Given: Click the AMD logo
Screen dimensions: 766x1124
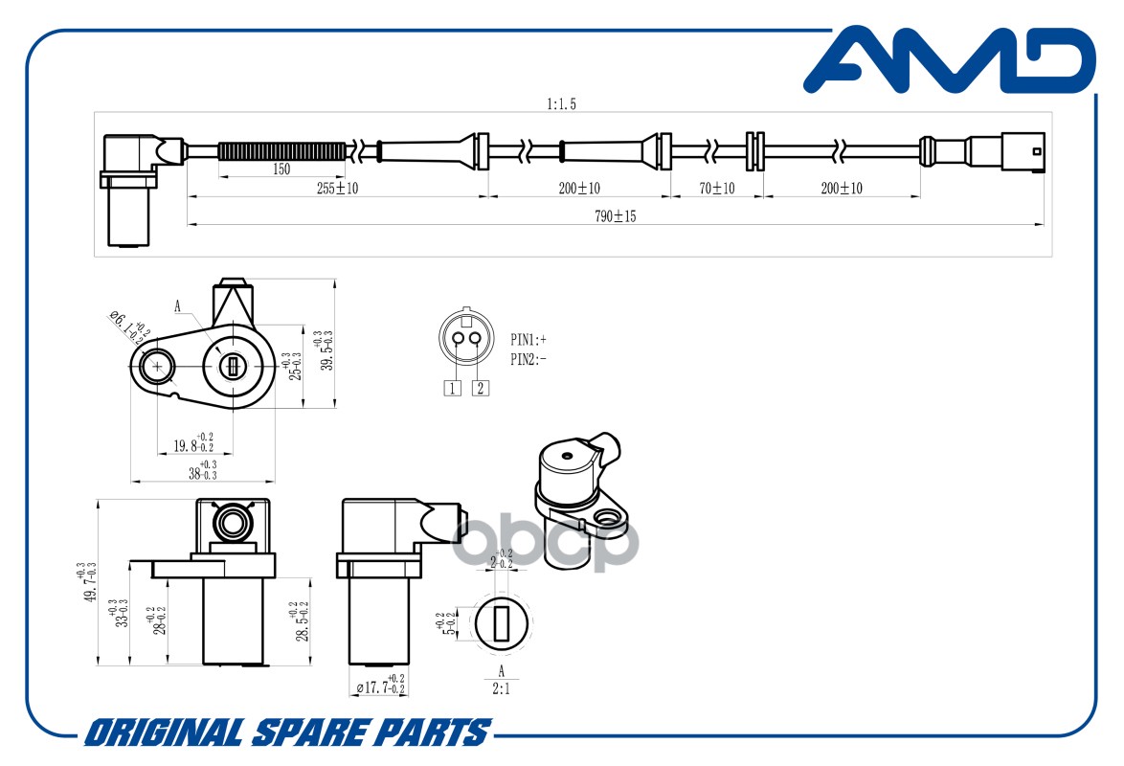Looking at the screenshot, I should (x=948, y=62).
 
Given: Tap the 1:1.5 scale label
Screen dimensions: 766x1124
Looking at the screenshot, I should (x=561, y=104).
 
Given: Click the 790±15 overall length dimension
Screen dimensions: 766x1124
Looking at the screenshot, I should (x=615, y=217).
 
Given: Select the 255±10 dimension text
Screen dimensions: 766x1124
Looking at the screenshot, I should (x=336, y=189).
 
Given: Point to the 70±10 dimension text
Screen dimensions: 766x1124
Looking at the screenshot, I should (x=716, y=189).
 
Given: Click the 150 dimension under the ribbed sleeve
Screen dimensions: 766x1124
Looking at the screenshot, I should (x=281, y=169).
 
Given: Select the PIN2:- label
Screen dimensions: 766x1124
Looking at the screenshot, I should (x=528, y=360).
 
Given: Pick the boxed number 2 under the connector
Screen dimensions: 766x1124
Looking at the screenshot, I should (x=481, y=388).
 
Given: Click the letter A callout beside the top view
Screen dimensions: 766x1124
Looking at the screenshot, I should (x=177, y=306).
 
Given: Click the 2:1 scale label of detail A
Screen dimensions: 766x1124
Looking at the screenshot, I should (x=501, y=687).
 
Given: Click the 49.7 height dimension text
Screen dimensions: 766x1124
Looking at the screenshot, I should (x=88, y=583).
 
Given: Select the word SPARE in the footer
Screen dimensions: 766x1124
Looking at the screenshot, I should (x=306, y=733).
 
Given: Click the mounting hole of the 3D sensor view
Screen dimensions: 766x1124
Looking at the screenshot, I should (x=606, y=520).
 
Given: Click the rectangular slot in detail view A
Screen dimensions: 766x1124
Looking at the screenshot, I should (x=501, y=623).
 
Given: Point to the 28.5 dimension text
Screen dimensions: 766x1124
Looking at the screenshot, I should (x=301, y=621).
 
